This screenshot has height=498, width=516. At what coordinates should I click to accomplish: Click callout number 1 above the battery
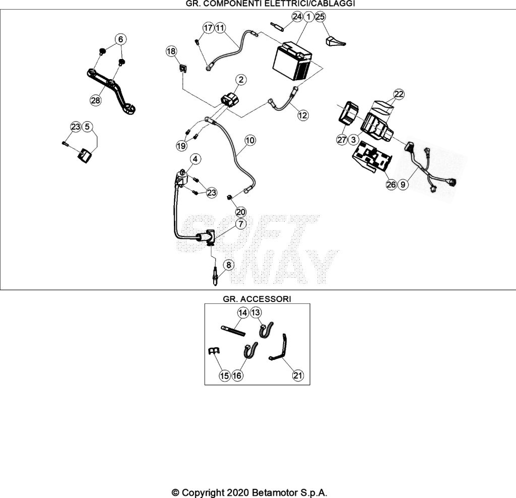(309, 17)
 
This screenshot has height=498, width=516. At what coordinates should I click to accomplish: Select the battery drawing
(292, 61)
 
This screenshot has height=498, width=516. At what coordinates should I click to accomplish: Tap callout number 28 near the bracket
(95, 100)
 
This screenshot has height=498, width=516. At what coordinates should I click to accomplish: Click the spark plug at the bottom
(215, 277)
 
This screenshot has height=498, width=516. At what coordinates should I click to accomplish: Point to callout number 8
(229, 265)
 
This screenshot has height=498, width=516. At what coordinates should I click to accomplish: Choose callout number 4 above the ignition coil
(195, 159)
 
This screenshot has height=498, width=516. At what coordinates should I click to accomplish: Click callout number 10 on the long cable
(250, 140)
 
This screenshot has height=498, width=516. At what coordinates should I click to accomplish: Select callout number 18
(171, 51)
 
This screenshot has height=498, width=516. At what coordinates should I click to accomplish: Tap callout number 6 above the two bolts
(121, 39)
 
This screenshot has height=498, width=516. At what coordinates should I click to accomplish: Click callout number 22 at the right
(399, 94)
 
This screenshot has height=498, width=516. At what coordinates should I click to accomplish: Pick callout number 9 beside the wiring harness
(403, 184)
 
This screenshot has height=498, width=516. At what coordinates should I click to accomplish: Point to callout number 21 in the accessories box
(298, 375)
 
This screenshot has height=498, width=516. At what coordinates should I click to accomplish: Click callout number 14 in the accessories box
(243, 313)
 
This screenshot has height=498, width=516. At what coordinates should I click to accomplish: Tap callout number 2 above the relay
(241, 80)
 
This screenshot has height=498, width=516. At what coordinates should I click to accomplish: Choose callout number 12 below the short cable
(303, 115)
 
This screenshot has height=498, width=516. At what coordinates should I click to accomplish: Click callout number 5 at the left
(87, 127)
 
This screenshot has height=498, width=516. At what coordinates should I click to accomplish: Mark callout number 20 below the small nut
(241, 212)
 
